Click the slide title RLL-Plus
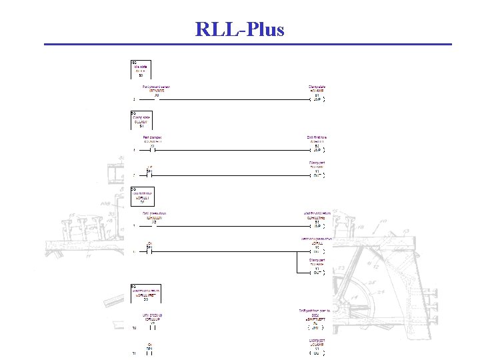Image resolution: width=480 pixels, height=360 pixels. coord(239,29)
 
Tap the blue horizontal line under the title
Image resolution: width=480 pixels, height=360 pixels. coord(247,45)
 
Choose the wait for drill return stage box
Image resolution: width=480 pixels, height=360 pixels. coord(145,294)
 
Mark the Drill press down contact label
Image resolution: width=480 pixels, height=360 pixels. coord(154,218)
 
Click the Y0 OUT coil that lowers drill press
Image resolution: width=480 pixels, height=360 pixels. coord(317,249)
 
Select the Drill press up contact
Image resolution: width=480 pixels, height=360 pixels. coord(153,325)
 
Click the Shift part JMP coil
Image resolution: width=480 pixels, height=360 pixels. coord(315,325)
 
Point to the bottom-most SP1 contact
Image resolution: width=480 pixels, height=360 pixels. coord(150,351)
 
